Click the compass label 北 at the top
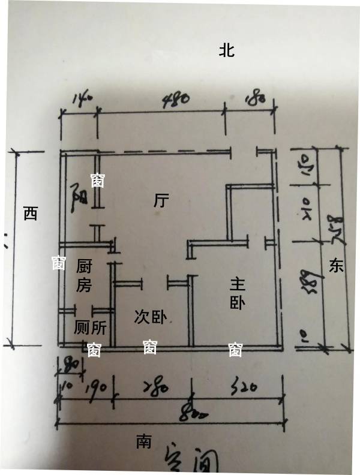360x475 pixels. pos(226,50)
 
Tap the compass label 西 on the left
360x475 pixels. pos(30,214)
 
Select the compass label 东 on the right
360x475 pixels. pos(336,266)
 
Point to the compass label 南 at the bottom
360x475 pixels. pos(143,442)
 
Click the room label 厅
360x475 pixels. pos(160,202)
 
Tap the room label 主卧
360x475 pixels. pos(238,293)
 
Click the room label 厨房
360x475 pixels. pos(85,275)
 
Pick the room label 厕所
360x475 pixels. pos(90,327)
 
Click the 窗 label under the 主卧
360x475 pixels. pos(235,350)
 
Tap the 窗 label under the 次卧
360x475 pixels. pos(150,347)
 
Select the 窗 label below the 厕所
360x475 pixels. pos(94,350)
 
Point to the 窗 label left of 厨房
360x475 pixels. pos(58,263)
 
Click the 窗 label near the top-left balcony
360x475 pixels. pos(97,180)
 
